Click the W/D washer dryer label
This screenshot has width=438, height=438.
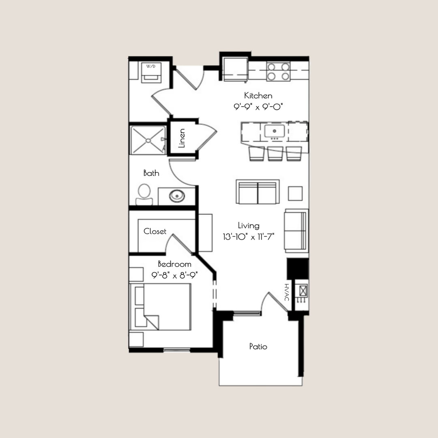[x=150, y=66]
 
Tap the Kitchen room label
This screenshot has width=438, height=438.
[x=258, y=96]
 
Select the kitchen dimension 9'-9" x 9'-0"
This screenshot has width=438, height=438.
[x=258, y=107]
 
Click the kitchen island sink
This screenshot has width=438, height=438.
[x=275, y=131]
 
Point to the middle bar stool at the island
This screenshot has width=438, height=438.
[x=275, y=153]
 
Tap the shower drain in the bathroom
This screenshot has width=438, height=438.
[x=148, y=140]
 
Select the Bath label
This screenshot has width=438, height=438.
[x=151, y=173]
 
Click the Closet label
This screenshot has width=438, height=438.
[x=155, y=232]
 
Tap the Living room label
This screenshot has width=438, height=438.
[x=248, y=226]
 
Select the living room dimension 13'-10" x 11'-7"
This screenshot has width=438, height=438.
[x=248, y=237]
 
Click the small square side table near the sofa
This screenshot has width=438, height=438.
[x=295, y=193]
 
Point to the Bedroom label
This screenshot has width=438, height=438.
[x=174, y=264]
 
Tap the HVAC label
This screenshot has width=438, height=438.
[x=286, y=292]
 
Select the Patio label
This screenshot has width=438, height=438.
[x=258, y=347]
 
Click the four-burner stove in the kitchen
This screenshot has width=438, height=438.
[x=278, y=71]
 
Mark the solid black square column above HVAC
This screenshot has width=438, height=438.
[x=298, y=268]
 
